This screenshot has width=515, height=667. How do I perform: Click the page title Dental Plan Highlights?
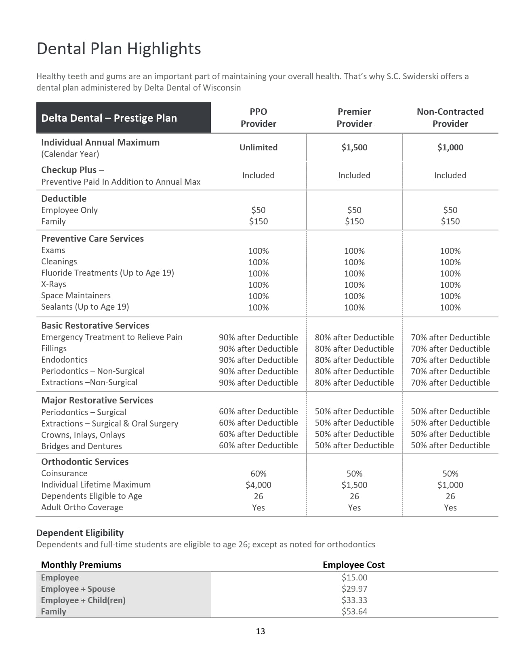pos(118,49)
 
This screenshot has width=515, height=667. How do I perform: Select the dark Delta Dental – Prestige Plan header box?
pos(123,118)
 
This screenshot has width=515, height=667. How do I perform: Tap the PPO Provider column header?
pos(258,118)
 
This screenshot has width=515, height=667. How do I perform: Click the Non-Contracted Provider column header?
pos(450,118)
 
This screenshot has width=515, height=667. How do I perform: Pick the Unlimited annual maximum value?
pos(258,148)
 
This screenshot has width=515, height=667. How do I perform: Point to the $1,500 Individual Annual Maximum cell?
pos(354,148)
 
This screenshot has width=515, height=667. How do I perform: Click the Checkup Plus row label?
pos(73,170)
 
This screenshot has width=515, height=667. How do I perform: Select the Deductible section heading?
pos(64,198)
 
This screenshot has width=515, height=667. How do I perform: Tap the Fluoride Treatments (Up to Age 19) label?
pos(107,273)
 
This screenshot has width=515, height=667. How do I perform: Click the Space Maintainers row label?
pos(76,296)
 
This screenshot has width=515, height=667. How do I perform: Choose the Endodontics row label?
pos(64,360)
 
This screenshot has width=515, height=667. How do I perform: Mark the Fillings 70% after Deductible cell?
pos(450,348)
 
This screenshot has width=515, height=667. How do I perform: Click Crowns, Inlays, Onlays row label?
pos(83,435)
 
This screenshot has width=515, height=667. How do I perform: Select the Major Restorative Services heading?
pos(97,400)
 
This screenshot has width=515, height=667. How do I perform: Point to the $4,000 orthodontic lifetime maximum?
pos(258,485)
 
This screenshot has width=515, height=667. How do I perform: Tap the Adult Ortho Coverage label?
pos(82,507)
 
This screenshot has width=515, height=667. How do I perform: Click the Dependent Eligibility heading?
pos(80,533)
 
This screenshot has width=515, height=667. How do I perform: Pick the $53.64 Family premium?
pos(354,612)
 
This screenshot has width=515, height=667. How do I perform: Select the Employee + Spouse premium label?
pos(78,589)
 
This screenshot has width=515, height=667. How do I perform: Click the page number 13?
pos(260,631)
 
